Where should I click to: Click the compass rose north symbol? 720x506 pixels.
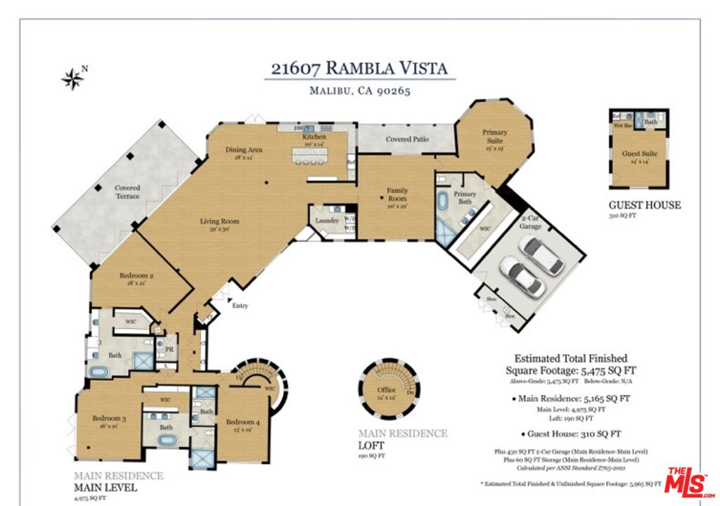72,79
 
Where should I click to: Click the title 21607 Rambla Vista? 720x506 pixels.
359,68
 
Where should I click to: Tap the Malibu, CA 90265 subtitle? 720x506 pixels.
359,91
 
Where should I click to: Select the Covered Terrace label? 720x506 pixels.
127,192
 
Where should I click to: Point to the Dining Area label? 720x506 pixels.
244,150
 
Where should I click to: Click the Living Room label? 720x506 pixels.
219,221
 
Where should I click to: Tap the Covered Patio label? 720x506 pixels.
407,139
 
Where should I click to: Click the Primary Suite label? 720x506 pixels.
494,136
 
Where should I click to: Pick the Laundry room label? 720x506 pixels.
327,221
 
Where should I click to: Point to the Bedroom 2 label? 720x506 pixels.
131,276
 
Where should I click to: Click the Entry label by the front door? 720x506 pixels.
240,306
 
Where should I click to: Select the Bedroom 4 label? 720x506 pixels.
243,422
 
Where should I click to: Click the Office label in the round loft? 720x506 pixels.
386,390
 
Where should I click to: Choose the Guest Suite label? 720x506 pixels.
640,153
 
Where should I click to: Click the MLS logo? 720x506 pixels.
690,483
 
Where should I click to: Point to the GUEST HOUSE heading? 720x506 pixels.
644,205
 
